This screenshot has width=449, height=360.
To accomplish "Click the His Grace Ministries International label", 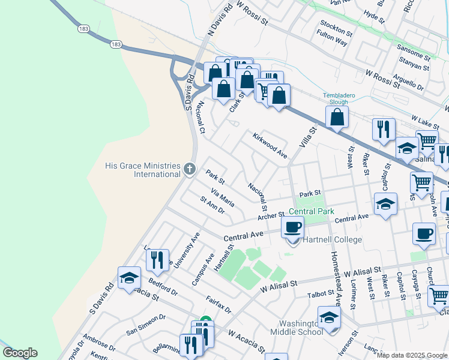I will (142, 170).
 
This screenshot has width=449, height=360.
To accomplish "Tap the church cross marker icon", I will (190, 169).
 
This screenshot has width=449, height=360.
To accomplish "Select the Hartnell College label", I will (332, 240).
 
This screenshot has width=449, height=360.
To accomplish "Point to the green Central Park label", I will (311, 212).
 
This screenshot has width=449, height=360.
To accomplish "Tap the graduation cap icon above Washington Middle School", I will (329, 317).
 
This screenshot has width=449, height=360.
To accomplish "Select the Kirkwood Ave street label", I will (270, 145).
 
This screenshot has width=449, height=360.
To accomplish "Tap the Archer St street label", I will (271, 216).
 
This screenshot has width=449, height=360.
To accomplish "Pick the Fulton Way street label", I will (333, 41).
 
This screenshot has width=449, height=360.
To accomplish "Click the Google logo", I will (20, 353).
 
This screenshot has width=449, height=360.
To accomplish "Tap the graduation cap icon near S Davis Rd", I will (129, 278).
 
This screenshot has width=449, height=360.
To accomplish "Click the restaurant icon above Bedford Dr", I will (157, 260).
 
